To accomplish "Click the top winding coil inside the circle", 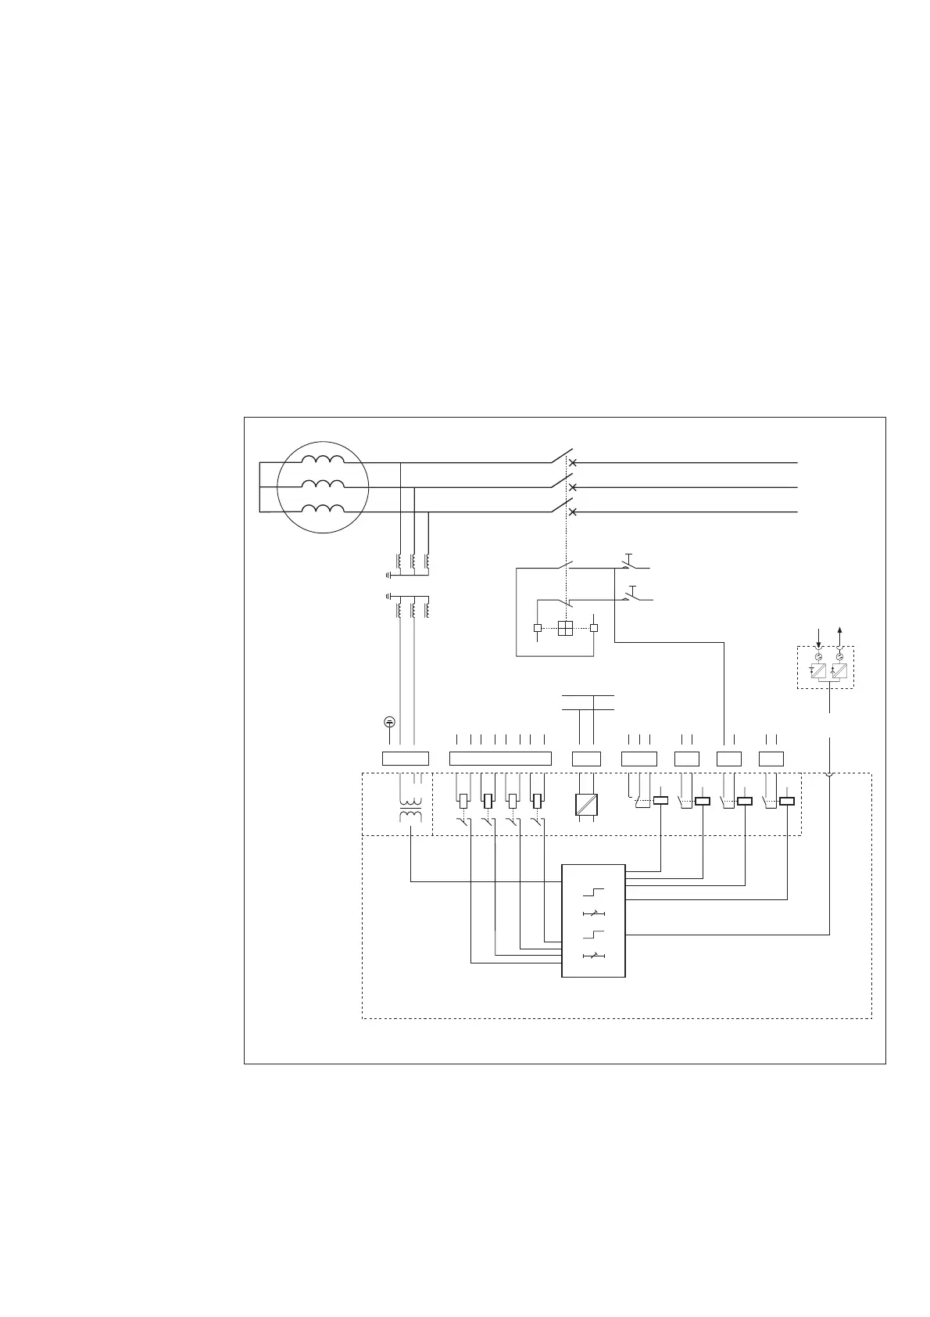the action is coord(324,461).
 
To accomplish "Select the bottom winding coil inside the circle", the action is coord(324,511).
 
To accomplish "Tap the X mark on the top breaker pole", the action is coord(572,463).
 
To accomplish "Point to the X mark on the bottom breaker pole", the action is coord(572,511).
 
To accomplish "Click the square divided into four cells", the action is coord(566,627).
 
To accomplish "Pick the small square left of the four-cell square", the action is coord(537,627).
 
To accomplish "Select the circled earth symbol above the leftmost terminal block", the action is coord(390,721).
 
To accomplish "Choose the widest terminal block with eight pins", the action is coord(500,758).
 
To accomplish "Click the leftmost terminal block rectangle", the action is coord(405,758).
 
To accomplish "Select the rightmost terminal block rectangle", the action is coord(771,758).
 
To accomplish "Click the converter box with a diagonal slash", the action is coord(586,805).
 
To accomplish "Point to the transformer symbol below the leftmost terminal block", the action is coord(411,810).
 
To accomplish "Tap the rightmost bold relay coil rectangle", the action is coord(787,800).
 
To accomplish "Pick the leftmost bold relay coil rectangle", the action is coord(660,800).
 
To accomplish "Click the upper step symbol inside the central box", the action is coord(594,892).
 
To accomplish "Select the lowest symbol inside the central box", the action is coord(594,956).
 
